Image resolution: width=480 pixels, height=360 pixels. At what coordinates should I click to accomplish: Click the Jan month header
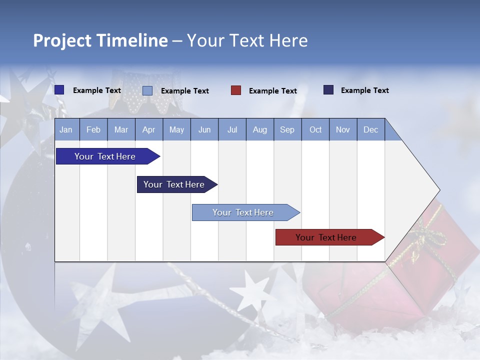(66, 129)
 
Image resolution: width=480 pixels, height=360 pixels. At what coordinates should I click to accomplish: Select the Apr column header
(148, 129)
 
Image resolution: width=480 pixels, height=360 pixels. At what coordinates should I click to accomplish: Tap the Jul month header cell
(232, 129)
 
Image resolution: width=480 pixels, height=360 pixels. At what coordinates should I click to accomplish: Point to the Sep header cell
(287, 129)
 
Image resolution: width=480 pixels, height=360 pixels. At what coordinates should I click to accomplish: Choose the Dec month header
(370, 129)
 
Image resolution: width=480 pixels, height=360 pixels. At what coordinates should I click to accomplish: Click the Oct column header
(315, 129)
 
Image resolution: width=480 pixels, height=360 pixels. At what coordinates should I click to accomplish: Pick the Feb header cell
(93, 129)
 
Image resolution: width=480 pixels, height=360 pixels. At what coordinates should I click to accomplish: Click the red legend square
(236, 90)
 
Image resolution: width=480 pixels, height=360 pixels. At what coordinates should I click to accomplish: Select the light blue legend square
(147, 90)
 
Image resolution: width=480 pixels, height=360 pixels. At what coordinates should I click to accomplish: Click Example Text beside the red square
(272, 91)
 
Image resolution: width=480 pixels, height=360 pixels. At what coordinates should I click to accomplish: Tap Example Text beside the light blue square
(184, 91)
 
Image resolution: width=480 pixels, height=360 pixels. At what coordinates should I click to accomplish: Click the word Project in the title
(62, 40)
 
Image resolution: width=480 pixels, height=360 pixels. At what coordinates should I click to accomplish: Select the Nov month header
(343, 129)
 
